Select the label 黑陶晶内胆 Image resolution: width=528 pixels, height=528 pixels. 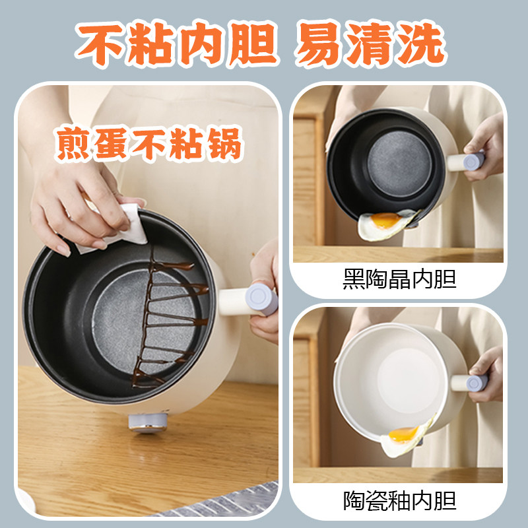pos(399,280)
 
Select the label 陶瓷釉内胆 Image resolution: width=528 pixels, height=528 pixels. pos(399,500)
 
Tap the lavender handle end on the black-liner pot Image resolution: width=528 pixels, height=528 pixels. pos(476,161)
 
